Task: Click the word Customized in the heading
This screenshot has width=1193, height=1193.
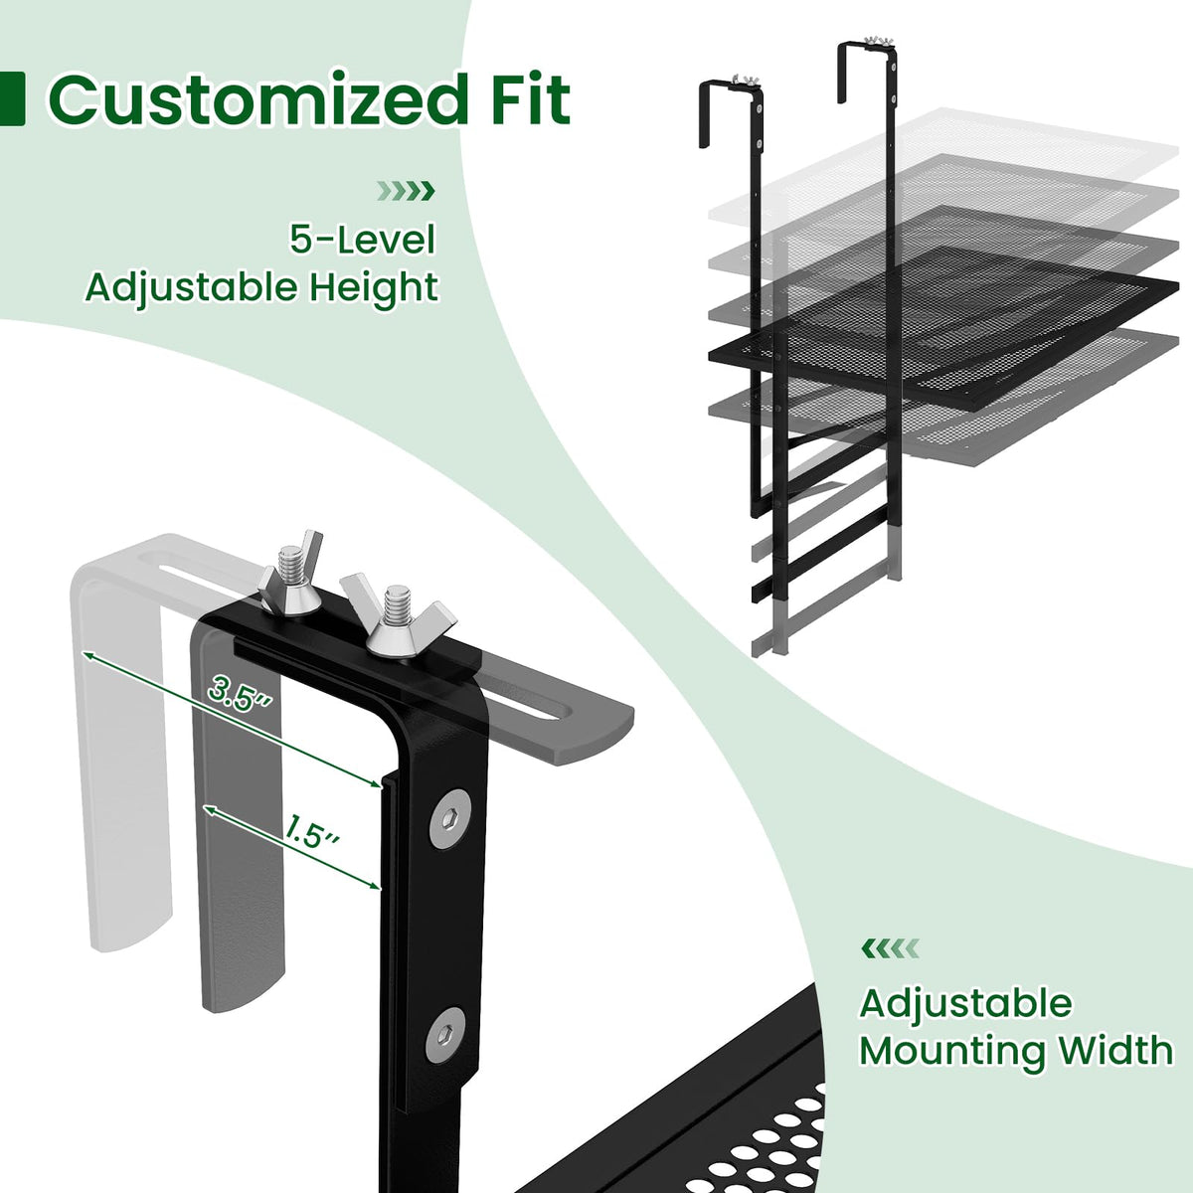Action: [x=258, y=99]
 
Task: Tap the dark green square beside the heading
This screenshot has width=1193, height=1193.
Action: [x=12, y=99]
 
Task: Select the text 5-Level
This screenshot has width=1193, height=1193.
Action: [x=362, y=240]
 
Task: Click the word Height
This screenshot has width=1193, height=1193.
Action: [x=374, y=288]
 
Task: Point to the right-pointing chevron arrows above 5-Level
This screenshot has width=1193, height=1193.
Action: [x=406, y=191]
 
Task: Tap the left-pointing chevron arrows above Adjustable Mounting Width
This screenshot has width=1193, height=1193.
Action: [x=890, y=947]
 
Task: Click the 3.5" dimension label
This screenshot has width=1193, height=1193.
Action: [x=240, y=693]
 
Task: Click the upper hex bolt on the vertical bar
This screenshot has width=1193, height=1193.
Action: [x=448, y=818]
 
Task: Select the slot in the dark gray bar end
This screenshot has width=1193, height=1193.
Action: [x=525, y=698]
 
